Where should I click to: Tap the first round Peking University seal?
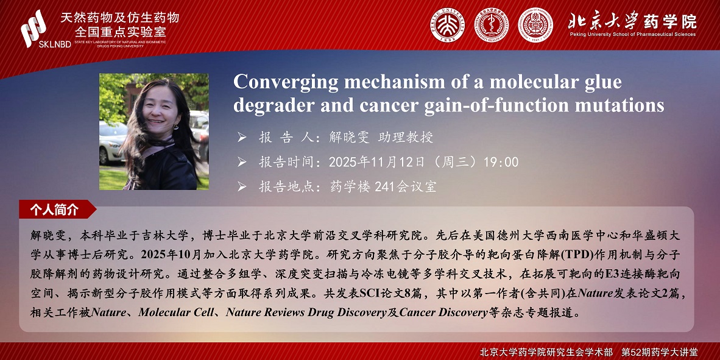(x=446, y=25)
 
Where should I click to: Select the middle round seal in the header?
(x=492, y=25)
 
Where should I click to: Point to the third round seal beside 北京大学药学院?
(x=535, y=25)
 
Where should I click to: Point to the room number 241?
(x=384, y=187)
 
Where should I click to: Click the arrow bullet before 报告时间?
(x=242, y=162)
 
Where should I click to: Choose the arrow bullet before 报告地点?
(x=242, y=187)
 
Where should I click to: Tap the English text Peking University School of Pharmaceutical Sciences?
(x=633, y=35)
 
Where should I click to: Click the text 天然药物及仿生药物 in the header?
(x=119, y=18)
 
